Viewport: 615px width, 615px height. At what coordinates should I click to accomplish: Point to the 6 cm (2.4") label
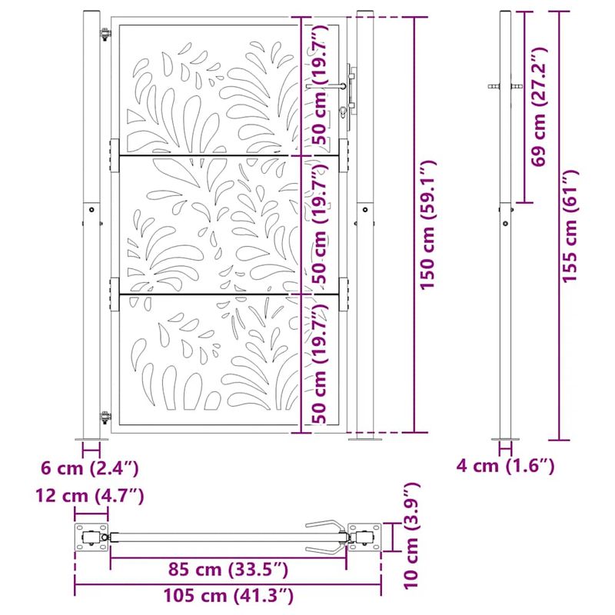coord(91,467)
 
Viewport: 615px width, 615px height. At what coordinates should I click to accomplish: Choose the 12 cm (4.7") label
coord(90,497)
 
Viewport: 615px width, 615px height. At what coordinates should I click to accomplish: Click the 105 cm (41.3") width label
coord(228,594)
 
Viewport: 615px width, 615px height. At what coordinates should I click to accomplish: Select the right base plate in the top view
coord(364,537)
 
